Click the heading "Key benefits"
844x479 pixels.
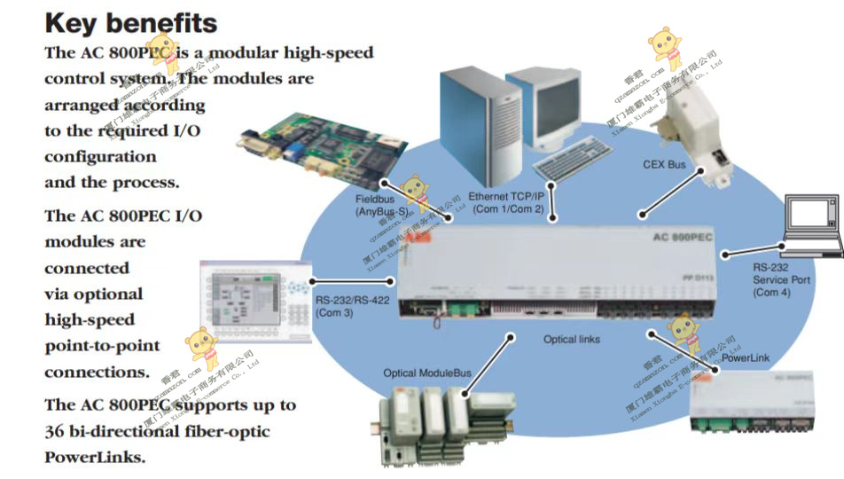131,22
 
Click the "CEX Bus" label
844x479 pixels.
664,165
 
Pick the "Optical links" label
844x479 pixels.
572,340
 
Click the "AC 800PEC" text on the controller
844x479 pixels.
678,238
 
